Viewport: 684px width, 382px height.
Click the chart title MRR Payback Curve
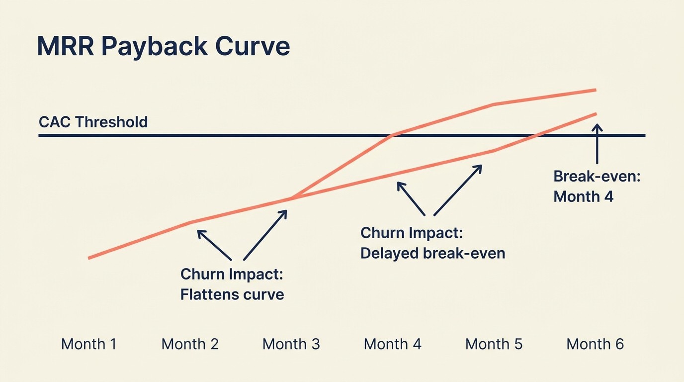[x=163, y=46]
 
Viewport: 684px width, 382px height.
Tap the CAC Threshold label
[x=93, y=122]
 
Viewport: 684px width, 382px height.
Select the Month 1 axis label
[x=88, y=344]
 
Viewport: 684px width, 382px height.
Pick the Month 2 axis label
[x=190, y=344]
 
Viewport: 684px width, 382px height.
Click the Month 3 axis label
[x=291, y=344]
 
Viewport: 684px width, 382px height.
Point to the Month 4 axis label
[x=392, y=344]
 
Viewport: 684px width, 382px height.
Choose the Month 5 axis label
[x=494, y=344]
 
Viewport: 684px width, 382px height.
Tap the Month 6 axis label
[x=595, y=344]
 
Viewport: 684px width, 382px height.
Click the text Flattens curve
[x=232, y=294]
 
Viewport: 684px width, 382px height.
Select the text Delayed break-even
[x=432, y=253]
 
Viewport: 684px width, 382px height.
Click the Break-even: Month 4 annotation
[x=597, y=186]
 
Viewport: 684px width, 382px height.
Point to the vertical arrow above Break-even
[x=597, y=144]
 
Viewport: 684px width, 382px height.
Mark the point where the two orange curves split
[x=291, y=198]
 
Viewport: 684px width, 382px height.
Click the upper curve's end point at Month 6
[x=595, y=90]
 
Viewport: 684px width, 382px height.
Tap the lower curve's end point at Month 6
[x=595, y=114]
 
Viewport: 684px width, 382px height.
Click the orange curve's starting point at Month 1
[x=89, y=258]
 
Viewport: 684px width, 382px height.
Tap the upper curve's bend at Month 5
[x=493, y=104]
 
